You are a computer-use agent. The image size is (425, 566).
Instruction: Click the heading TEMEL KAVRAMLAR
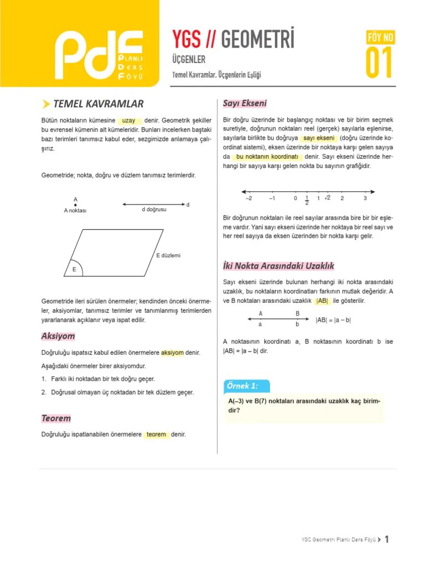pos(98,103)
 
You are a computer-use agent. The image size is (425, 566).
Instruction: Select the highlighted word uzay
pos(128,120)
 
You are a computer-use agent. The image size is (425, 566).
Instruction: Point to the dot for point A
pos(75,205)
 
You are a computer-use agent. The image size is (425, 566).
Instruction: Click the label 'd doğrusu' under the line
pos(154,210)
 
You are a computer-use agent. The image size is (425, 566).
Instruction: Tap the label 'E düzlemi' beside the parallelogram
pos(169,255)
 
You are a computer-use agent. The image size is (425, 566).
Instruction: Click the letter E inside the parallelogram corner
pos(74,269)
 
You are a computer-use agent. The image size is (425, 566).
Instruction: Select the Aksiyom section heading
pos(58,336)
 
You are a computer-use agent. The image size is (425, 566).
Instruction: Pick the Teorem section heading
pos(56,418)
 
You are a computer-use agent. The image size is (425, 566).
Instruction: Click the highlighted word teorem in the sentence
pos(157,434)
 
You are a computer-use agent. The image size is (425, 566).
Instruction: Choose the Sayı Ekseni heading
pos(245,103)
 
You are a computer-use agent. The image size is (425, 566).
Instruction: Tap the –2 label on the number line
pos(248,198)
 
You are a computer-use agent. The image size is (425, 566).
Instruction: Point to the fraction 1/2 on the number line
pos(307,200)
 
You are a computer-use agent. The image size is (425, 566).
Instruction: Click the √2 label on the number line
pos(328,197)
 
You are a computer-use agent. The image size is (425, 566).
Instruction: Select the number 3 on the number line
pos(365,198)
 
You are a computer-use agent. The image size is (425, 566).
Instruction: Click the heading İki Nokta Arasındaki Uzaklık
pos(278,266)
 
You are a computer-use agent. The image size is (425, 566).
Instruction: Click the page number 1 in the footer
pos(387,539)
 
